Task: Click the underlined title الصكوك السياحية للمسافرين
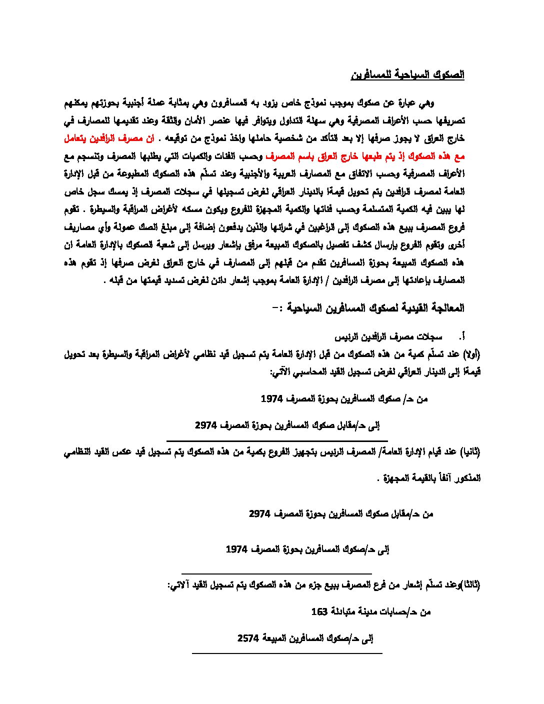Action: pos(407,75)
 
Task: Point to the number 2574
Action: pos(248,638)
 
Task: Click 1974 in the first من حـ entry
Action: pos(272,399)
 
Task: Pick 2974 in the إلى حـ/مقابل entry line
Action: pos(206,425)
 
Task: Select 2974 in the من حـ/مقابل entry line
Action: pos(260,513)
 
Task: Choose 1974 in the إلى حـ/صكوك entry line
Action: pos(236,549)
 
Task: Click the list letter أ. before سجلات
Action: pos(463,336)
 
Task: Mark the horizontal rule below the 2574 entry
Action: pos(287,653)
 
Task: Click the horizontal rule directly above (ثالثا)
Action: pos(276,573)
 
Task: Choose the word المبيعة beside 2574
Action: pos(276,638)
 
